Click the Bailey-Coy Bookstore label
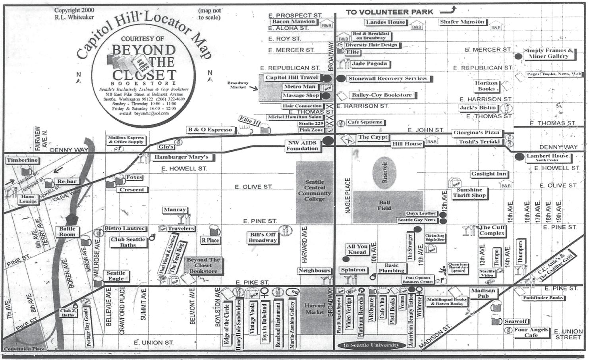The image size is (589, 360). [x=382, y=95]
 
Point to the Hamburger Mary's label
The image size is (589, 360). [x=181, y=157]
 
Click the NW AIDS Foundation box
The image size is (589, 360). [x=302, y=146]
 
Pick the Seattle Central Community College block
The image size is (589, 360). [x=315, y=192]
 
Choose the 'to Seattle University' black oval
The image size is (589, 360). [x=371, y=345]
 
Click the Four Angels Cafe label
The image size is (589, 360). [x=531, y=332]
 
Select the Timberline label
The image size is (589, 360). [x=22, y=161]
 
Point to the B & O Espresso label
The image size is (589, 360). [x=210, y=130]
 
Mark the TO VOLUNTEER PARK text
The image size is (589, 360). [x=389, y=12]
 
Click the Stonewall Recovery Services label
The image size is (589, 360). [x=388, y=79]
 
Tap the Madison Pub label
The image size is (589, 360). [x=483, y=293]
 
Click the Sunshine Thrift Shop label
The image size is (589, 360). [x=469, y=193]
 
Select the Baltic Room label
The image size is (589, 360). [x=67, y=232]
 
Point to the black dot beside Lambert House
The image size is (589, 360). [x=519, y=157]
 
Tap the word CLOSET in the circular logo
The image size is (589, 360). [x=144, y=75]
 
